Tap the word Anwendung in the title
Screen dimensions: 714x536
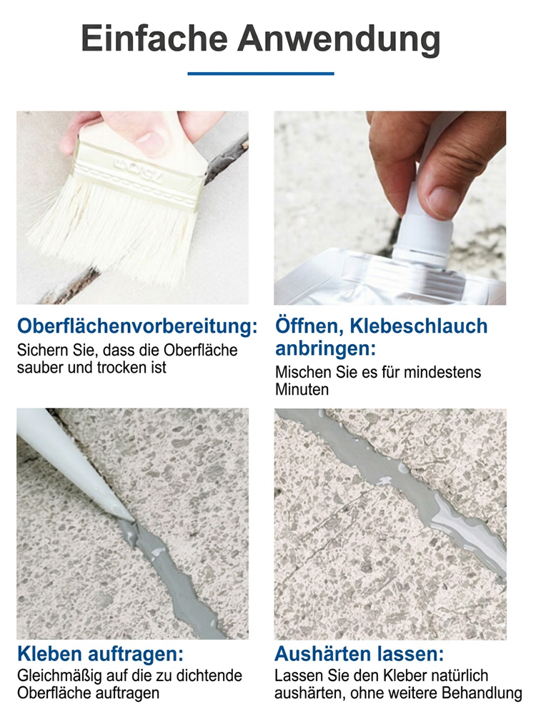coord(339,39)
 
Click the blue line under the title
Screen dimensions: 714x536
coord(261,74)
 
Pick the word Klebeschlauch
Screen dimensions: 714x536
coord(416,327)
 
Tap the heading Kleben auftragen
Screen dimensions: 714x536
coord(101,655)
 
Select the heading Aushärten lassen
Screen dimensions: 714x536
coord(359,655)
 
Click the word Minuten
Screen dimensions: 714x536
coord(302,390)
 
